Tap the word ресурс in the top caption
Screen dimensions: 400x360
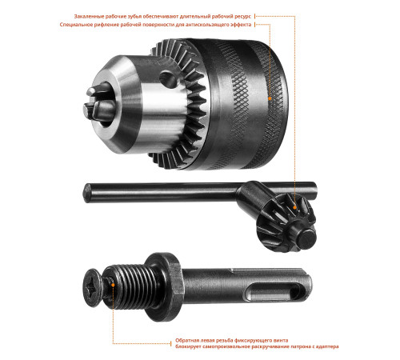pyautogui.click(x=242, y=17)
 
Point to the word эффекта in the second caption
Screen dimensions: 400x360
pyautogui.click(x=241, y=25)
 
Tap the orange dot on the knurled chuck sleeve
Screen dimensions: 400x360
pyautogui.click(x=270, y=98)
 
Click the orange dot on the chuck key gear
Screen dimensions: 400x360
pyautogui.click(x=294, y=207)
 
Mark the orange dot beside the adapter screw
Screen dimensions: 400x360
pyautogui.click(x=113, y=285)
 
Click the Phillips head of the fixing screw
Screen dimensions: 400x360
pyautogui.click(x=92, y=287)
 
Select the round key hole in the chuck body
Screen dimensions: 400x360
pyautogui.click(x=169, y=79)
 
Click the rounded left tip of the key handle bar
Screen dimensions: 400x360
pyautogui.click(x=86, y=193)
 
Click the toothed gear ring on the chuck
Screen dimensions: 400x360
pyautogui.click(x=182, y=104)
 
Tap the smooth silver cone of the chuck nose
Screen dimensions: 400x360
pyautogui.click(x=120, y=104)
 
